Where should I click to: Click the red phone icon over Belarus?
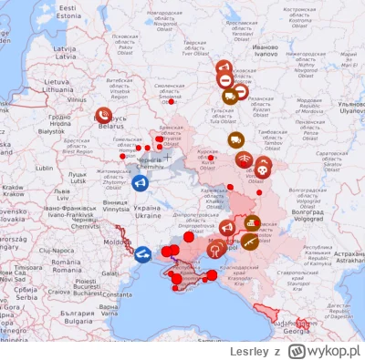pos(104,116)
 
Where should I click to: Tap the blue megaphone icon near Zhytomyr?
pos(140,183)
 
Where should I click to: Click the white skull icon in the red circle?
pos(263,168)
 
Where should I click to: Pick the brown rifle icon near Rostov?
pos(249,242)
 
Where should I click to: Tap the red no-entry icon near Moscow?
pos(225,80)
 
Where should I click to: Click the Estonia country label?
pos(68,11)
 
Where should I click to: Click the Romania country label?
pos(67,263)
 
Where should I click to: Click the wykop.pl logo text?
pos(335,349)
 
